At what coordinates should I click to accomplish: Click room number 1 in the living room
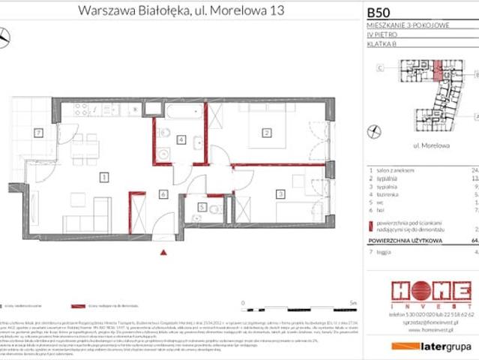[104, 177]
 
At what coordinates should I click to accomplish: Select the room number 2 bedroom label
[265, 133]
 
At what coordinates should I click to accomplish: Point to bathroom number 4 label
[181, 139]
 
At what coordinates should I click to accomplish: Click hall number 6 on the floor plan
[163, 194]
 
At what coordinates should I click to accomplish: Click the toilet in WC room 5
[214, 209]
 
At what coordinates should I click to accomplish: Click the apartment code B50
[379, 12]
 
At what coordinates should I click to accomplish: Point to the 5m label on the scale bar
[353, 303]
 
